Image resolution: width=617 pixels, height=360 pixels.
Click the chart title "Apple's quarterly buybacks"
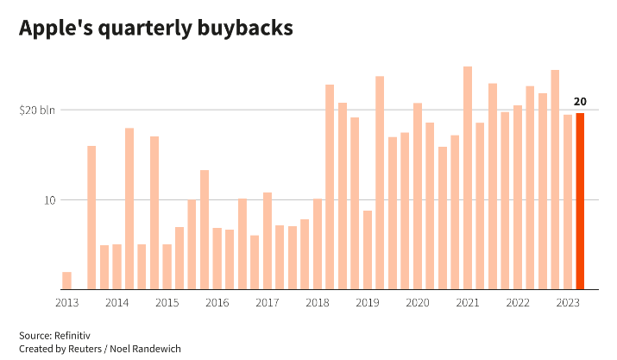click(156, 28)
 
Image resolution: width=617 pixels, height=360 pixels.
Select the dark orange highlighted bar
click(580, 201)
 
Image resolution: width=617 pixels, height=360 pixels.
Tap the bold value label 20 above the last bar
click(580, 101)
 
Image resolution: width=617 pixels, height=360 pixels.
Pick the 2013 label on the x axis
click(66, 303)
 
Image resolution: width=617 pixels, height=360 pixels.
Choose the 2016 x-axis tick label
click(217, 303)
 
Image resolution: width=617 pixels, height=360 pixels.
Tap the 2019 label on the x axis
click(368, 303)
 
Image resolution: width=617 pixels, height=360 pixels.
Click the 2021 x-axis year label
click(468, 303)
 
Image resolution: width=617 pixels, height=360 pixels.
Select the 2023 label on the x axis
click(568, 303)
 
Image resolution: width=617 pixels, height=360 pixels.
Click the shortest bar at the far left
click(66, 281)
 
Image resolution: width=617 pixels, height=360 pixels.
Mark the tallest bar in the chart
click(468, 178)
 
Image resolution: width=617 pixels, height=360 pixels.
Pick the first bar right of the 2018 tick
click(330, 187)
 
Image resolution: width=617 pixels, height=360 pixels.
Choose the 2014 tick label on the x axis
click(117, 303)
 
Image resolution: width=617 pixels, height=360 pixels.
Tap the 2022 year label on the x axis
click(518, 303)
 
